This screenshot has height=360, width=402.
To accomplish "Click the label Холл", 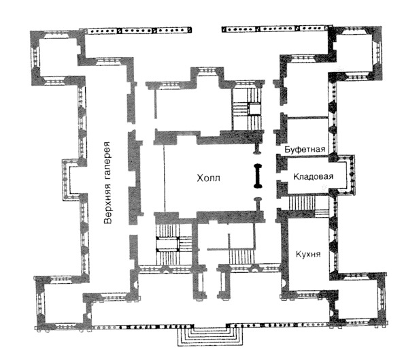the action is click(208, 178).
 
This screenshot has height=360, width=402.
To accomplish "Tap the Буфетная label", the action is click(305, 149).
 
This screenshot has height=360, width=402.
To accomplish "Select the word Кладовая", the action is click(314, 176).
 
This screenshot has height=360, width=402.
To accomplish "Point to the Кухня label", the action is click(308, 254).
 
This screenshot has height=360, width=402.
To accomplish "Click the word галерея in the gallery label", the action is click(108, 163).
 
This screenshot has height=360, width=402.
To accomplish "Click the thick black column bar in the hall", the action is click(258, 176).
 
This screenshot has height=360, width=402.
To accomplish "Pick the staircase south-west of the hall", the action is click(174, 244).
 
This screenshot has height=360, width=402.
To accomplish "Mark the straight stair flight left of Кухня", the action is click(241, 257).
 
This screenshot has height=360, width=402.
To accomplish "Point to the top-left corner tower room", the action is click(57, 58).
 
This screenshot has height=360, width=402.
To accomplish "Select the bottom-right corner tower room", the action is click(358, 299).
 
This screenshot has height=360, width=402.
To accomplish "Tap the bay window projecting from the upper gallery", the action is click(71, 180).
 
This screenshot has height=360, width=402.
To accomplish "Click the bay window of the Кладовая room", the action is click(347, 175).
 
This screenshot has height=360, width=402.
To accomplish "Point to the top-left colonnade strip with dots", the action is click(139, 30).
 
